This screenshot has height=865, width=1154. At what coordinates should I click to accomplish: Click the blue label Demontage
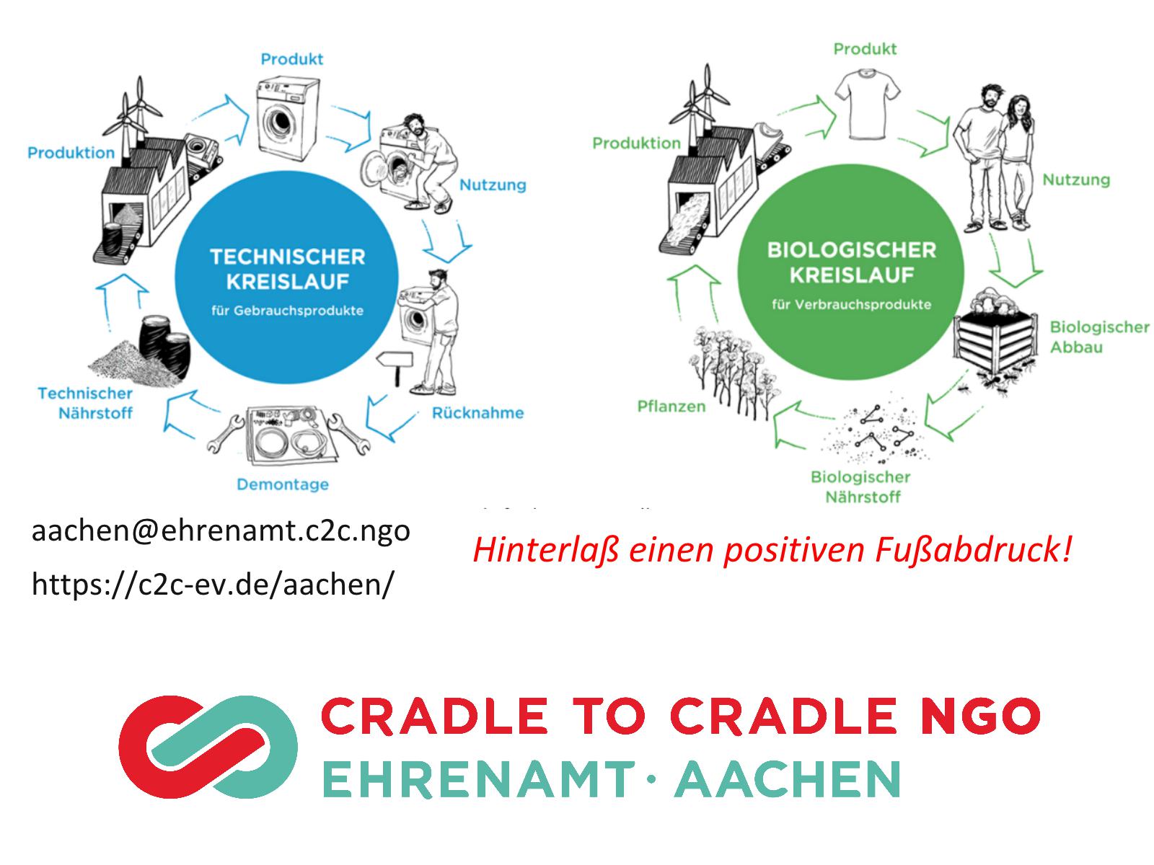(x=282, y=484)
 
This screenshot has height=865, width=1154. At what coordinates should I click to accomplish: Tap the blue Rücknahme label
(x=477, y=413)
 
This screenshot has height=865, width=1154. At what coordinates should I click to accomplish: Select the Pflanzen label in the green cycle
(x=671, y=406)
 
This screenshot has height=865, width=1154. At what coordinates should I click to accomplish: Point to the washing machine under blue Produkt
(x=287, y=119)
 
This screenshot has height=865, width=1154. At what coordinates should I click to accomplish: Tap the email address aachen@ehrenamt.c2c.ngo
(x=221, y=531)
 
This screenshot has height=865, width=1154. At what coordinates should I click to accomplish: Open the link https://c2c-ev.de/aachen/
(x=212, y=584)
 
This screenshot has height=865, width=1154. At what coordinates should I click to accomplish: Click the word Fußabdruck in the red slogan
(x=973, y=551)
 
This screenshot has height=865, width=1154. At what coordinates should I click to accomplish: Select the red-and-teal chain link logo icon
(x=208, y=747)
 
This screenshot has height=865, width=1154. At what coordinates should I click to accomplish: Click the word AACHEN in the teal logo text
(x=788, y=779)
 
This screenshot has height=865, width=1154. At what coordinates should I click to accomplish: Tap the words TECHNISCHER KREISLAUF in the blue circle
(x=288, y=269)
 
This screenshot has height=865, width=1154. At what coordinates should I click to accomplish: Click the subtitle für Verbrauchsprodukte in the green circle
(x=851, y=305)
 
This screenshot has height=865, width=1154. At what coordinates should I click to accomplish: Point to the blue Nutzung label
(x=493, y=185)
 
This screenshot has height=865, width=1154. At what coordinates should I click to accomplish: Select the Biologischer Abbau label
(x=1098, y=337)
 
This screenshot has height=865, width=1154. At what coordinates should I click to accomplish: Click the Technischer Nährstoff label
(x=85, y=404)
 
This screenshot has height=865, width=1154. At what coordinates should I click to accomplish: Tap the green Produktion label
(x=636, y=143)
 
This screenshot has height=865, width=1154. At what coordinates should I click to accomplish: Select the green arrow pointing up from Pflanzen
(x=695, y=292)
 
